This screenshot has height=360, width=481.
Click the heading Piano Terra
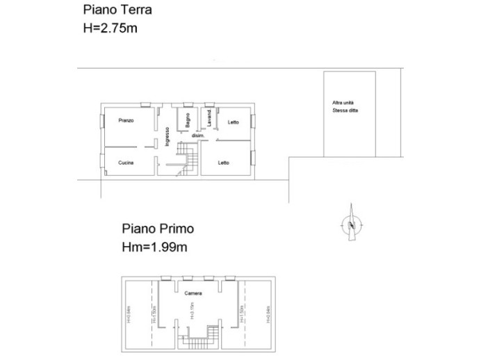pos(117,10)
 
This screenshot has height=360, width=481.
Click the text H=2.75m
pos(111,28)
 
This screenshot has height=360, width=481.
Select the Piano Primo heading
pos(158,228)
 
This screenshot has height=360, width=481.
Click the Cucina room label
pos(126,163)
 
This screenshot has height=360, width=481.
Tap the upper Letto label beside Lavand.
pos(233,122)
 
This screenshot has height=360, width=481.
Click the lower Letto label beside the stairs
pos(224,163)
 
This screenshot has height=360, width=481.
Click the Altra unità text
pos(341,103)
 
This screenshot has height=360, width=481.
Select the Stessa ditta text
pos(344,111)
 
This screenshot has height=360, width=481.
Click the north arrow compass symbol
pos(352,223)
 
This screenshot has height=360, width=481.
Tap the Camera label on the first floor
pos(193,293)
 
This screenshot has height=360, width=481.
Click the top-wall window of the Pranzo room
pos(147,105)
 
